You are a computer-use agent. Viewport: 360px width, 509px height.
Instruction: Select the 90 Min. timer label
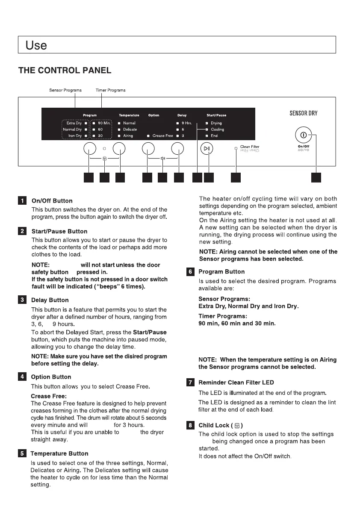tap(104, 123)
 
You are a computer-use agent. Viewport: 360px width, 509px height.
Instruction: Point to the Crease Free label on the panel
tap(162, 136)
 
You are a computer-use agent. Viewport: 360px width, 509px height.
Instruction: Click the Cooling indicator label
tap(217, 129)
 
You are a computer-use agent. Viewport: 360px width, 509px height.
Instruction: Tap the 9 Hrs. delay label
tap(186, 123)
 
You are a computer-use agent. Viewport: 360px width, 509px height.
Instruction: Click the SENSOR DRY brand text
tap(303, 113)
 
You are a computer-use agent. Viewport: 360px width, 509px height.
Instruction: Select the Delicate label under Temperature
tap(130, 129)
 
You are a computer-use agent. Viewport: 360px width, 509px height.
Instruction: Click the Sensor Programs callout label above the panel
tap(65, 90)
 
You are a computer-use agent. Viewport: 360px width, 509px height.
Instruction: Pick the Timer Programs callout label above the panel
tap(110, 90)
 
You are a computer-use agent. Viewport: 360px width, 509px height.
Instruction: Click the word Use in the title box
tap(36, 45)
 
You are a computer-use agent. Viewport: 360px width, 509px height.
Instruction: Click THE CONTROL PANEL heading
tap(65, 71)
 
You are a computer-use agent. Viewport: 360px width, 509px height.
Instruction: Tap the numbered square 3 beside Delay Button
tap(22, 300)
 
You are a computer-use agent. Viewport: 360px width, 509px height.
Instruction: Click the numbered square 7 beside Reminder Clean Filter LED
tap(190, 382)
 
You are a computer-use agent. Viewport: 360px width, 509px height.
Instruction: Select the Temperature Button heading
tap(59, 453)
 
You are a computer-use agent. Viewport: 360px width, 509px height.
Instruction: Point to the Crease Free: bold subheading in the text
tap(48, 396)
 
